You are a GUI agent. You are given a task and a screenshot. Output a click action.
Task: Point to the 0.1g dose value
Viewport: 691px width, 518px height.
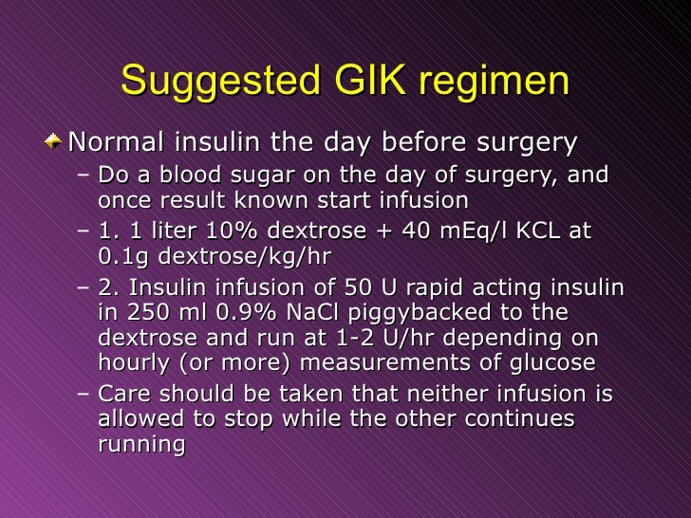tap(121, 255)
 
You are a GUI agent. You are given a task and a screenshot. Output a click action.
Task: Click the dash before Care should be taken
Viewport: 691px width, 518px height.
tap(83, 393)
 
